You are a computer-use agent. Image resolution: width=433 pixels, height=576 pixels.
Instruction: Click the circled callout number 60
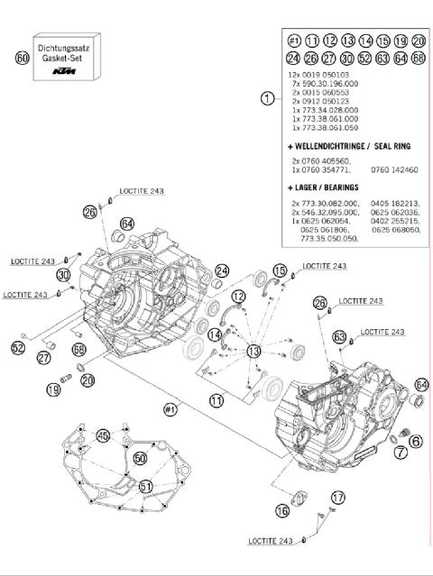click(23, 58)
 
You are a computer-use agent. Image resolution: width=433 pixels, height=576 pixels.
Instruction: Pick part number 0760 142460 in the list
click(394, 169)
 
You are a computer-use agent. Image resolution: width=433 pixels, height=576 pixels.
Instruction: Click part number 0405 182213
click(395, 205)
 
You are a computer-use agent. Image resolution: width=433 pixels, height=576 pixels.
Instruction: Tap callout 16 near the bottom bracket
click(282, 510)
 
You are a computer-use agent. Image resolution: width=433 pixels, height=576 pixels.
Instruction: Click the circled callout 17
click(337, 497)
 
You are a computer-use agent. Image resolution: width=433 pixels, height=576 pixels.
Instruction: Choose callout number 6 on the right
click(415, 440)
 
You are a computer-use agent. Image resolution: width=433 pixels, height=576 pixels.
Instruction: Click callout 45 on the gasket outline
click(105, 435)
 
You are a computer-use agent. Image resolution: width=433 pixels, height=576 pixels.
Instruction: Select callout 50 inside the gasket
click(140, 458)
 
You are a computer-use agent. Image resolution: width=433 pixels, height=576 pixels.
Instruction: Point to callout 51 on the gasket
click(146, 487)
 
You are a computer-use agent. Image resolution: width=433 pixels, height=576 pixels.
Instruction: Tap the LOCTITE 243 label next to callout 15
click(325, 267)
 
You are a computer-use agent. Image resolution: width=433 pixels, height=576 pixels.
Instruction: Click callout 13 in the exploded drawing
click(254, 350)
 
